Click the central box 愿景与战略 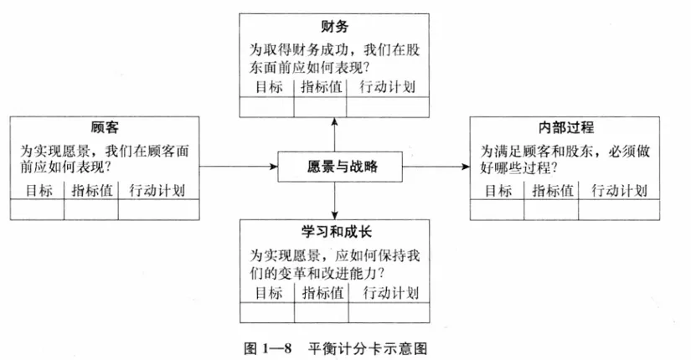340,167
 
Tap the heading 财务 334,27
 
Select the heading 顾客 105,128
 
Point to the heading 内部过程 566,128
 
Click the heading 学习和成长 336,232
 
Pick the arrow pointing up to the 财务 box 334,135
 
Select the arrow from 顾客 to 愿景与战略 239,167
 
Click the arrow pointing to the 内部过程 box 436,167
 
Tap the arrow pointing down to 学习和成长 334,200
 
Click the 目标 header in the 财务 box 269,87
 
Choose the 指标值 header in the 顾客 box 92,191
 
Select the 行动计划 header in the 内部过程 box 619,191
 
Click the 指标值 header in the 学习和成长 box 322,293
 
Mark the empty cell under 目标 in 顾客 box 37,209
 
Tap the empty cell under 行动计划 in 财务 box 388,107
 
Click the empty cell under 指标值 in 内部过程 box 551,209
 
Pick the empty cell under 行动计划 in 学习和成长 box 389,312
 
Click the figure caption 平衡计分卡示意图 367,349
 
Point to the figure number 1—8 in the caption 276,349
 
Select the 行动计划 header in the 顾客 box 157,191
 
